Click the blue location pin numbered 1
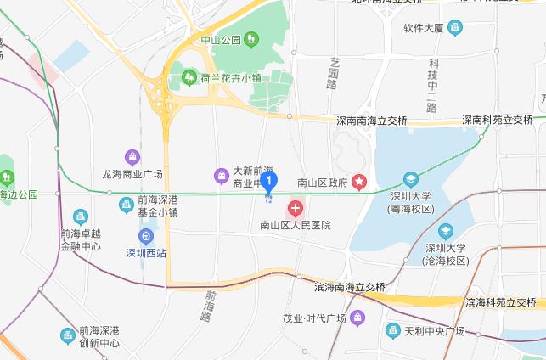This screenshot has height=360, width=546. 269,181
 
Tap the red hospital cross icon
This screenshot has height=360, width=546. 296,207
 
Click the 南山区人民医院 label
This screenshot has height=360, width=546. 295,225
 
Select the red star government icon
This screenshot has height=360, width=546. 360,181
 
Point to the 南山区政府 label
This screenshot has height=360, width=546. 323,182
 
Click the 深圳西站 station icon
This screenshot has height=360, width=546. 146,235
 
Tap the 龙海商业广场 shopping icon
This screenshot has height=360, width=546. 132,156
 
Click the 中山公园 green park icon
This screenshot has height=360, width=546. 250,39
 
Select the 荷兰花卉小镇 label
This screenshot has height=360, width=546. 230,79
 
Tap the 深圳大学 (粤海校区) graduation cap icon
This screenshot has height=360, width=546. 411,179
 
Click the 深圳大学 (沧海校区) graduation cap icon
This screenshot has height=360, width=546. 445,231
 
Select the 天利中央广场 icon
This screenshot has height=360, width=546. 391,329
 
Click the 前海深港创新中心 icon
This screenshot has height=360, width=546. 68,335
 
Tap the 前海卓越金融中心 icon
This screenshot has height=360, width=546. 81,217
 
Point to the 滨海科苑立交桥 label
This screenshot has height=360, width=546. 500,301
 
